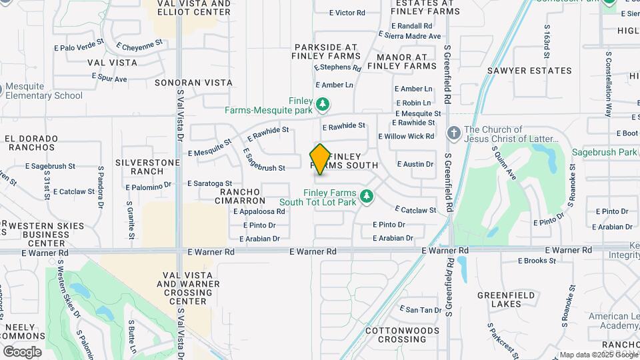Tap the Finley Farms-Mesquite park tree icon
(323, 104)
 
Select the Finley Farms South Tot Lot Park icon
(365, 196)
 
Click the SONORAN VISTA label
(193, 83)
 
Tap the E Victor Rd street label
(347, 13)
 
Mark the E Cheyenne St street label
(139, 45)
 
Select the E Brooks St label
(541, 261)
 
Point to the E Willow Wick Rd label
(406, 136)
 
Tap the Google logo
(22, 352)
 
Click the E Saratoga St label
(209, 183)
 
